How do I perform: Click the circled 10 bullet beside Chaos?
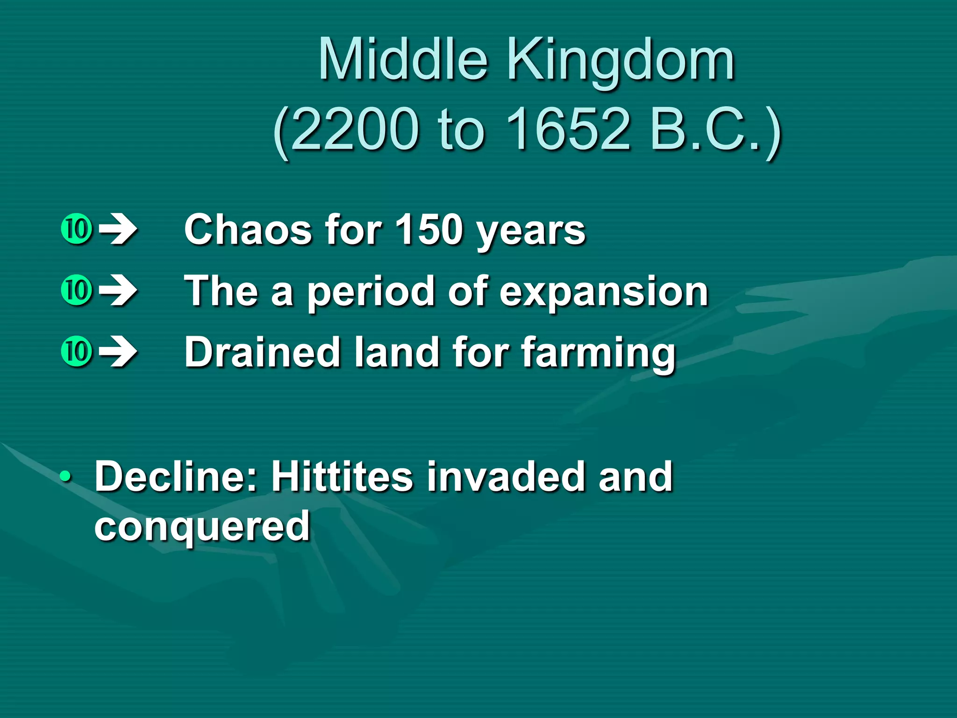click(x=76, y=230)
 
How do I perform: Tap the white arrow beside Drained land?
click(x=119, y=352)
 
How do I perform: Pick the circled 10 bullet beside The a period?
click(x=76, y=290)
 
